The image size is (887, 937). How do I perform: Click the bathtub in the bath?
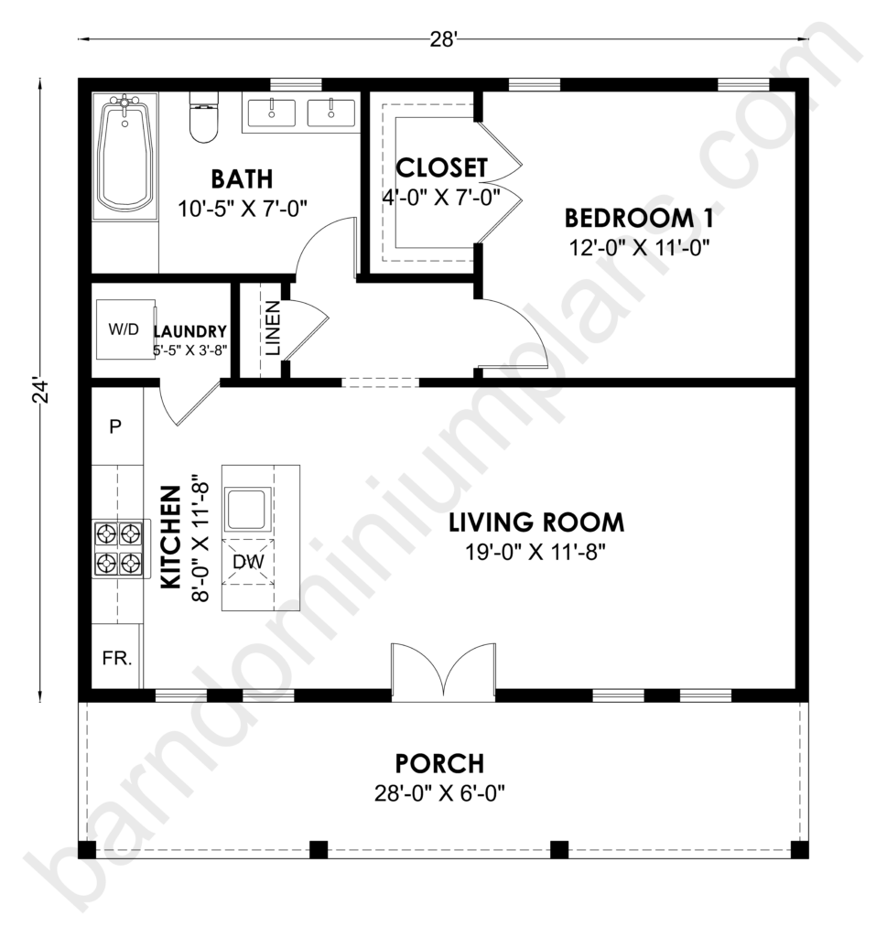[x=124, y=157]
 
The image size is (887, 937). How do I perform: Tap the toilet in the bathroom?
[x=204, y=117]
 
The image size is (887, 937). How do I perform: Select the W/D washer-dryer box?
[x=125, y=329]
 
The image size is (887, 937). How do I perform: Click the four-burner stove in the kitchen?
[x=120, y=549]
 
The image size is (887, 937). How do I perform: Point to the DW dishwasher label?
[x=248, y=562]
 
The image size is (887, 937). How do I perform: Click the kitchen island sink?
[x=247, y=509]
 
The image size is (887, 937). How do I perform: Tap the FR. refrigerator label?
[x=116, y=659]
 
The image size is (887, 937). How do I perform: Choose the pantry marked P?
[x=115, y=426]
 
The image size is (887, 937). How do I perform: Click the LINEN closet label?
[x=273, y=328]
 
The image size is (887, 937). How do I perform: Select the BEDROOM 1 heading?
[x=639, y=218]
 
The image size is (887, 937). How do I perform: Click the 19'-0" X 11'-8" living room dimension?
[x=535, y=552]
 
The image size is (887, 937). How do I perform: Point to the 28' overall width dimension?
[x=443, y=39]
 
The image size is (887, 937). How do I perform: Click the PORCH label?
[x=439, y=764]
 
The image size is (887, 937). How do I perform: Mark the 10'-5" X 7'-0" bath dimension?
[x=242, y=210]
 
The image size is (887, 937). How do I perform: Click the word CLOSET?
[x=442, y=168]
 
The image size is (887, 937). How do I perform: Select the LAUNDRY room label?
[x=190, y=331]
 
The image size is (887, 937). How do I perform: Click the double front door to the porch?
[x=443, y=669]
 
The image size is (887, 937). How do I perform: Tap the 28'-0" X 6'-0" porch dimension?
[x=439, y=793]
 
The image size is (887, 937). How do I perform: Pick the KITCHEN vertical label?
[x=171, y=536]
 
